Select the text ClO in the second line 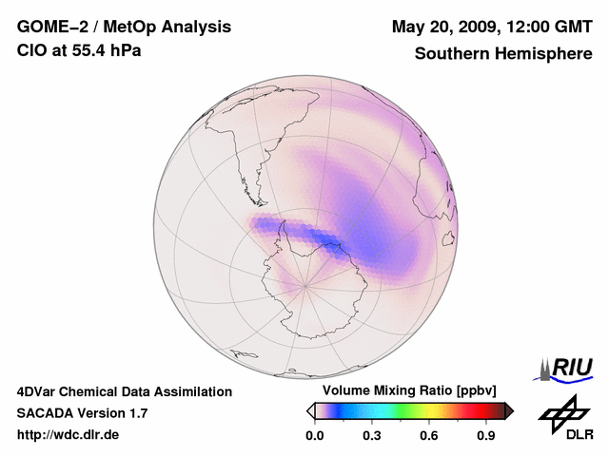pyautogui.click(x=31, y=50)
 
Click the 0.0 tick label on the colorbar pyautogui.click(x=315, y=436)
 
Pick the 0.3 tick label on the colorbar pyautogui.click(x=372, y=436)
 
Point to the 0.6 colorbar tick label pyautogui.click(x=429, y=436)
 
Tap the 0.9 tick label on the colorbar pyautogui.click(x=486, y=436)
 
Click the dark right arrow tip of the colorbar pyautogui.click(x=509, y=410)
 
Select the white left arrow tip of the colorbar pyautogui.click(x=310, y=410)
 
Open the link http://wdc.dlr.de pyautogui.click(x=69, y=435)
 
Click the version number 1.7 pyautogui.click(x=137, y=413)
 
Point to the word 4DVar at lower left pyautogui.click(x=37, y=391)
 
